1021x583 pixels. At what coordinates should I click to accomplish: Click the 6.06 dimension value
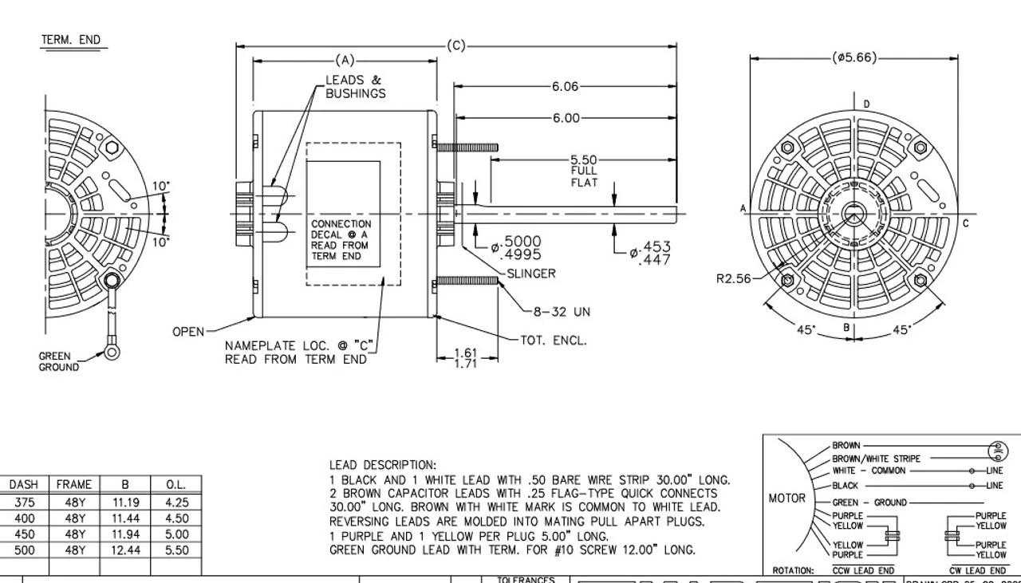coord(565,86)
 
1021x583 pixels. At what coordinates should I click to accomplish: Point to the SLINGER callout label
coord(531,274)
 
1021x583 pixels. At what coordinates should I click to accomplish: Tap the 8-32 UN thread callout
coord(562,311)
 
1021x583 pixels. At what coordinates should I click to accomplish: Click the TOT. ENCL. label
coord(553,340)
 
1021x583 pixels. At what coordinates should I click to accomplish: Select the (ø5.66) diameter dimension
coord(853,57)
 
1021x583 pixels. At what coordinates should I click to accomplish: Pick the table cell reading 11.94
coord(124,534)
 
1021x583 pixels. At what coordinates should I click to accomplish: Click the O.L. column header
coord(175,484)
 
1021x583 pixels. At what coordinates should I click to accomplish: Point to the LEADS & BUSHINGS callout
coord(354,86)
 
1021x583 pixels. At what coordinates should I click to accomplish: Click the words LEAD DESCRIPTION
coord(383,464)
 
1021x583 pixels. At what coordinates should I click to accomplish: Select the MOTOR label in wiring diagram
coord(786,498)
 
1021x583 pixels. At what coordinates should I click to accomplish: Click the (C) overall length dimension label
coord(455,45)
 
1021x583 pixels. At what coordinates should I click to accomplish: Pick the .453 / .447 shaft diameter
coord(653,253)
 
